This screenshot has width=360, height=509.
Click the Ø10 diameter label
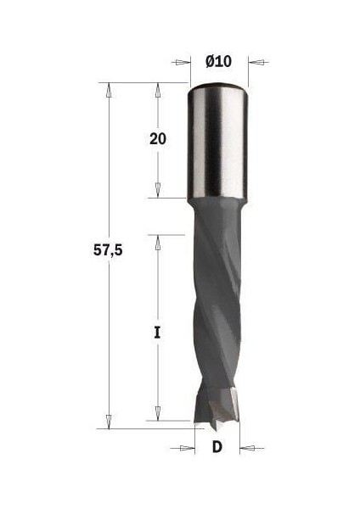[x=218, y=61]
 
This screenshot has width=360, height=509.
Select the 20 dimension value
[x=157, y=139]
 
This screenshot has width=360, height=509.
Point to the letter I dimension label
[x=157, y=333]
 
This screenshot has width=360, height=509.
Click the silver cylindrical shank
[x=218, y=144]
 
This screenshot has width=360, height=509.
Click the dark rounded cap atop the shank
[x=218, y=87]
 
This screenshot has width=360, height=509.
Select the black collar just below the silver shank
[x=217, y=206]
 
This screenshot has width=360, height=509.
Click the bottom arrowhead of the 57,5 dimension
[x=108, y=422]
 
